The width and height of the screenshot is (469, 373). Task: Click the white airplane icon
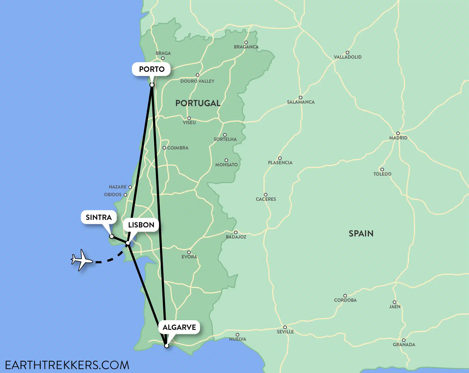pos(82,260)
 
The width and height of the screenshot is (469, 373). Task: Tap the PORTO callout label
pos(152,69)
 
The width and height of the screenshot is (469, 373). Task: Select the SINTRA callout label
pos(99,217)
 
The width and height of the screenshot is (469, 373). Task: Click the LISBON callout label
pos(141,225)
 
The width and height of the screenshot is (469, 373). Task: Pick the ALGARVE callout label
pos(179,327)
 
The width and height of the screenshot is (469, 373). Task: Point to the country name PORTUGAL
pos(198,103)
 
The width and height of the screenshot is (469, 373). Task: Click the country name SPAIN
pos(361,233)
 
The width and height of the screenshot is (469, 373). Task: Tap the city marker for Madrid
pos(398,134)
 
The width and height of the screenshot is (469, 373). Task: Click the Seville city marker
pos(285,327)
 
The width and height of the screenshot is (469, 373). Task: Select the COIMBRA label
pos(178,148)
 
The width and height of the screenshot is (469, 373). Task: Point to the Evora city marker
pos(189,252)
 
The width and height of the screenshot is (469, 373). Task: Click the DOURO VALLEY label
pos(197,81)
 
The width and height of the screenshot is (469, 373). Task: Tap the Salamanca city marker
pos(300,98)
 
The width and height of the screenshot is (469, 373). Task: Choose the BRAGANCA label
pos(246,47)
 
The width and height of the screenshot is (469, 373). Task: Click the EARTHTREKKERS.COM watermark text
pos(67,365)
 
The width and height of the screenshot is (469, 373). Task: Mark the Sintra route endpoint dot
pos(112,236)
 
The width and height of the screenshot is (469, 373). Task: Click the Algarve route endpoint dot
pos(167,346)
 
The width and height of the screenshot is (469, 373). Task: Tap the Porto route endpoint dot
pos(152,85)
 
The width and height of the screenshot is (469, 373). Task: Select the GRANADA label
pos(404,345)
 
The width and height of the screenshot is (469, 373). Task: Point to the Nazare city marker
pos(130,187)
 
